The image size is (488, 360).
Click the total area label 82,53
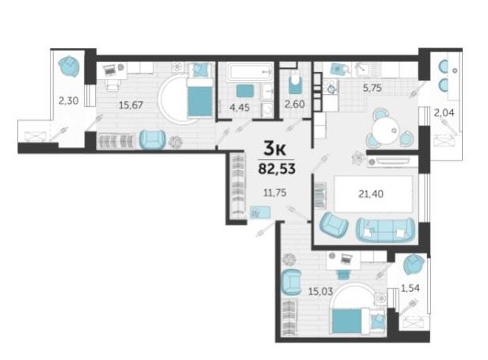coord(277,169)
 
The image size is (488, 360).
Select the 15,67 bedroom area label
coord(131,105)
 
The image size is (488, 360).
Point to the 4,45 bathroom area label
coord(240,108)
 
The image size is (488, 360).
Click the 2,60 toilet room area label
coord(294,104)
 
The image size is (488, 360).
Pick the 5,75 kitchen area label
coord(373,88)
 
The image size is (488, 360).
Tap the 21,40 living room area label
coord(371,194)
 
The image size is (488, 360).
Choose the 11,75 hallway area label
coord(274,193)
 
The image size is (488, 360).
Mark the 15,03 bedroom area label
coord(320,292)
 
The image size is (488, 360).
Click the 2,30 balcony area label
coord(69,100)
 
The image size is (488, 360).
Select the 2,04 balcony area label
coord(444,112)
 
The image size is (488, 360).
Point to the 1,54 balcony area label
coord(410,288)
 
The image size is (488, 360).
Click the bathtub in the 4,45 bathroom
coord(249,72)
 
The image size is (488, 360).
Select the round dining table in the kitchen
coord(386,128)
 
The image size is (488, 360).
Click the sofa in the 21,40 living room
coord(386,229)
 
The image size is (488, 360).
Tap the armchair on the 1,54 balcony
coord(414,265)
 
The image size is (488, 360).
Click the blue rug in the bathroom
coord(245,91)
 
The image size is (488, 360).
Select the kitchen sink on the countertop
coord(361,70)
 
